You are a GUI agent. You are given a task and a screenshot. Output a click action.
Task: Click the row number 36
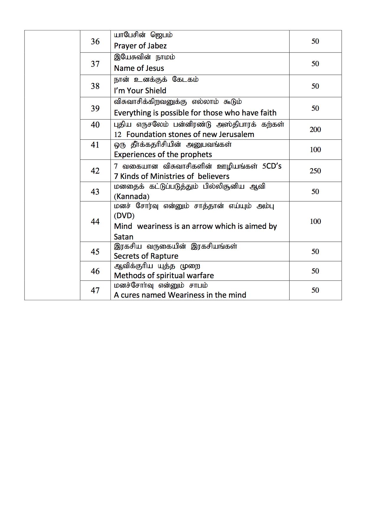pos(95,42)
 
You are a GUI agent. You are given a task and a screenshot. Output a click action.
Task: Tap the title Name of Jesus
pos(139,68)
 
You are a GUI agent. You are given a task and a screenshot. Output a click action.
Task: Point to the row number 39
pos(95,108)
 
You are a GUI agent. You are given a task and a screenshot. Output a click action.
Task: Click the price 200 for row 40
pos(315,130)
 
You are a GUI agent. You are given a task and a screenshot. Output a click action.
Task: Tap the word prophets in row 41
pos(196,154)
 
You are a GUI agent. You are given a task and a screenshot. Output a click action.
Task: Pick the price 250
pos(315,171)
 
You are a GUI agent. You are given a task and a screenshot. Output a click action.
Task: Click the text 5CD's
pos(272,166)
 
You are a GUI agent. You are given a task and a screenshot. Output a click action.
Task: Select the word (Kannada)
pos(132,196)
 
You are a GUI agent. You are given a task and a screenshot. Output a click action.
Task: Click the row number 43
pos(95,192)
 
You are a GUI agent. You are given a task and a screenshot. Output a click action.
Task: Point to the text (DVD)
pos(124,216)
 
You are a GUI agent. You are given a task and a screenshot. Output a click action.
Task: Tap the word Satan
pos(124,237)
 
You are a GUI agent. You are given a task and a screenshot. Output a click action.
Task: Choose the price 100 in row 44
pos(315,221)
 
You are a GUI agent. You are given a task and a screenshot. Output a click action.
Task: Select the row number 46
pos(95,271)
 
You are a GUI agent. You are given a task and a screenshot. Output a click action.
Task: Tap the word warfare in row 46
pos(200,276)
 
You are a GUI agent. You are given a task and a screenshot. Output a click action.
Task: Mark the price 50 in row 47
pos(315,290)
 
